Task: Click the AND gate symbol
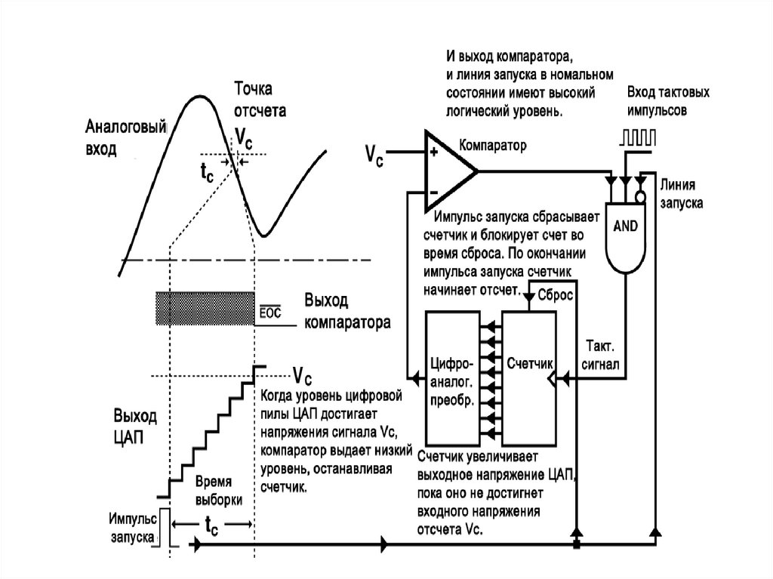[625, 237]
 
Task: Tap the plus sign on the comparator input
[434, 152]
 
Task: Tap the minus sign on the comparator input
[434, 192]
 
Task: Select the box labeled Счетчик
[529, 377]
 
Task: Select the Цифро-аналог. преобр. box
[453, 377]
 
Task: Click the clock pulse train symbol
[638, 137]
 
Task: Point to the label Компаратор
[492, 146]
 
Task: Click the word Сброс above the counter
[555, 295]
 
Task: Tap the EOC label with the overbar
[269, 312]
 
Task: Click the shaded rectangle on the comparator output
[205, 308]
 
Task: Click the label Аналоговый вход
[126, 137]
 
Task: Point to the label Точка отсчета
[260, 99]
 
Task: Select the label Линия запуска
[682, 194]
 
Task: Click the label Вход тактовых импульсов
[668, 101]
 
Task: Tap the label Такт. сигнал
[600, 355]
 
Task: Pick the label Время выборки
[219, 490]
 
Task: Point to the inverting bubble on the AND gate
[639, 197]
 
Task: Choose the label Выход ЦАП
[135, 426]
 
